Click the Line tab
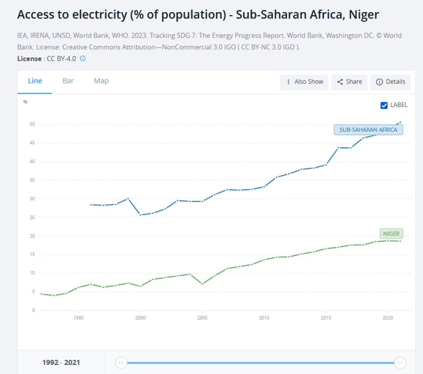coord(35,81)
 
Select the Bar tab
coord(68,81)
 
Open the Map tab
coord(101,81)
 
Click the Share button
coord(349,82)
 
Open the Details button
coord(390,82)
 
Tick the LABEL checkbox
coord(384,105)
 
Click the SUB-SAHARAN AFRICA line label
coord(368,130)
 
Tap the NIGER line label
coord(391,234)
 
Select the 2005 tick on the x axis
coord(202,318)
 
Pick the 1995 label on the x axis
coord(78,318)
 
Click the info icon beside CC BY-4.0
coord(83,59)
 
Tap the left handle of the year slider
coord(121,363)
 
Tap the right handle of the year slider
coord(400,363)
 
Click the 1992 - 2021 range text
coord(61,363)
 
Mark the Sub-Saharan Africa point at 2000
coord(140,215)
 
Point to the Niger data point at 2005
coord(202,284)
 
